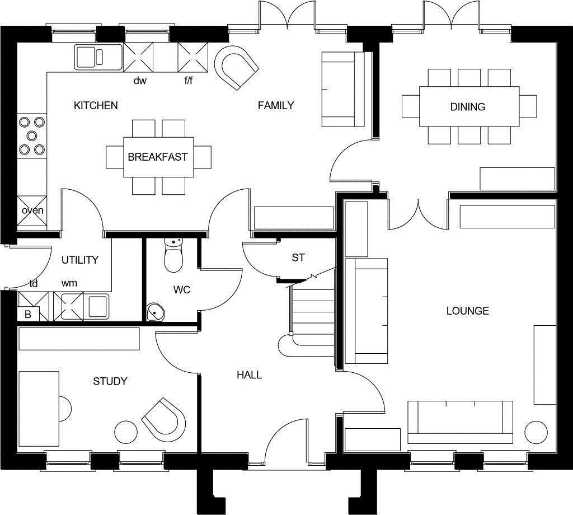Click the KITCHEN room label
click(96, 105)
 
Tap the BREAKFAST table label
click(157, 157)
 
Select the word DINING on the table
click(467, 106)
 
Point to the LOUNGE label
click(467, 311)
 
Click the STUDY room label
click(110, 381)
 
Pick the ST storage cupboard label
click(298, 257)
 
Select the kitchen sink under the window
click(97, 56)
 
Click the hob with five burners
click(31, 135)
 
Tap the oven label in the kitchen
click(32, 210)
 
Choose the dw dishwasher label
click(139, 81)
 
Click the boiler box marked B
click(28, 315)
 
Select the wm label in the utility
click(69, 283)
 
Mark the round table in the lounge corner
click(536, 433)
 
